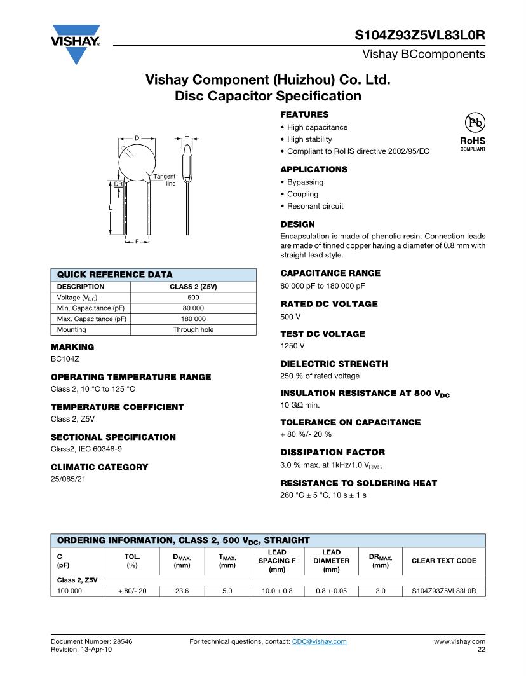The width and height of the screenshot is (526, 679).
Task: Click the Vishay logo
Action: click(x=76, y=43)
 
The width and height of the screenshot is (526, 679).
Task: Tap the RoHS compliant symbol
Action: click(x=473, y=132)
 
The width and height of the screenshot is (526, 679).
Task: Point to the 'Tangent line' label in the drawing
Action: click(x=165, y=180)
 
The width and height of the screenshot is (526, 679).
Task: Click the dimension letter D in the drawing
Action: click(x=137, y=138)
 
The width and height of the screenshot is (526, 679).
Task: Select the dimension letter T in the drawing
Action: click(x=187, y=138)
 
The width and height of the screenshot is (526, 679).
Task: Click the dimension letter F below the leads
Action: click(x=137, y=242)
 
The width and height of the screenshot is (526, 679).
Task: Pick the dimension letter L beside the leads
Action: click(x=111, y=208)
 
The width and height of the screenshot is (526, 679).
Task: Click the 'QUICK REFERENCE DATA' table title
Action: click(x=115, y=275)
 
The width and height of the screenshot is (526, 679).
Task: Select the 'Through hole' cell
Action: click(x=193, y=329)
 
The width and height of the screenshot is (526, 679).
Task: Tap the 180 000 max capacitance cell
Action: click(x=193, y=319)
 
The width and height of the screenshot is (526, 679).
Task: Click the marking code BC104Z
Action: click(x=65, y=359)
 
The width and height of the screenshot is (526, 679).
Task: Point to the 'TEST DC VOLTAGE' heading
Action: click(x=323, y=334)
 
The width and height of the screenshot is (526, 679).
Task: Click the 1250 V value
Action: click(x=292, y=346)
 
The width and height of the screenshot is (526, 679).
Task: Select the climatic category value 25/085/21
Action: click(x=68, y=479)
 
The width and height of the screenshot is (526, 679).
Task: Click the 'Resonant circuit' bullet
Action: click(x=315, y=206)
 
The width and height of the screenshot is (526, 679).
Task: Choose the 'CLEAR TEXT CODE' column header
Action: click(x=443, y=561)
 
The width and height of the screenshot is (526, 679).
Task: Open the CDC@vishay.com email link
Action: click(x=319, y=641)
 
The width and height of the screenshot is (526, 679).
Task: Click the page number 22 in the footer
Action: click(x=481, y=650)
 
